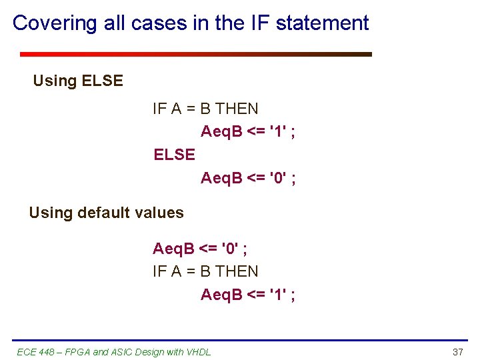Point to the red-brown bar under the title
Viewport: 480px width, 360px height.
coord(195,54)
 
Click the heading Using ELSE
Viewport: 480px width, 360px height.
coord(78,81)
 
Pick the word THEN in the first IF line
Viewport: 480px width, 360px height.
coord(237,109)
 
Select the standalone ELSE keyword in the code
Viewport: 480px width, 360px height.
coord(174,155)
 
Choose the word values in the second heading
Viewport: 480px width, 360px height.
coord(161,213)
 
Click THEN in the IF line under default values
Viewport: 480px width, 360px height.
coord(237,271)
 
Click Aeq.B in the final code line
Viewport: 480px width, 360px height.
coord(221,294)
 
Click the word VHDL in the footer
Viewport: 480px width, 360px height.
coord(198,351)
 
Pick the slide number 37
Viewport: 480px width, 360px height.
coord(457,351)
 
